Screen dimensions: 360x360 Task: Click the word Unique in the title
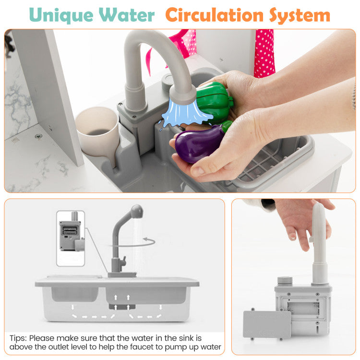click(x=61, y=16)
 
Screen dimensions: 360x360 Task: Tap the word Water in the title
click(x=127, y=15)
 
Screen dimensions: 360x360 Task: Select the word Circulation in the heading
click(x=214, y=15)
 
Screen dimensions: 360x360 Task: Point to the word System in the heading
click(x=300, y=16)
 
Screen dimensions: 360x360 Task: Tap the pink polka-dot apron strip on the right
click(x=264, y=53)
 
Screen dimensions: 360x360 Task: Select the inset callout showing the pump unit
click(x=71, y=238)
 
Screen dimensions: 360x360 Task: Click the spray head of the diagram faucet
click(x=137, y=211)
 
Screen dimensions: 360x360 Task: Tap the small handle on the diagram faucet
click(x=124, y=261)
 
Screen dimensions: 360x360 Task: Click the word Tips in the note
click(x=18, y=338)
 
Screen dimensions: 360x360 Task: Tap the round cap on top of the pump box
click(x=285, y=281)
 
